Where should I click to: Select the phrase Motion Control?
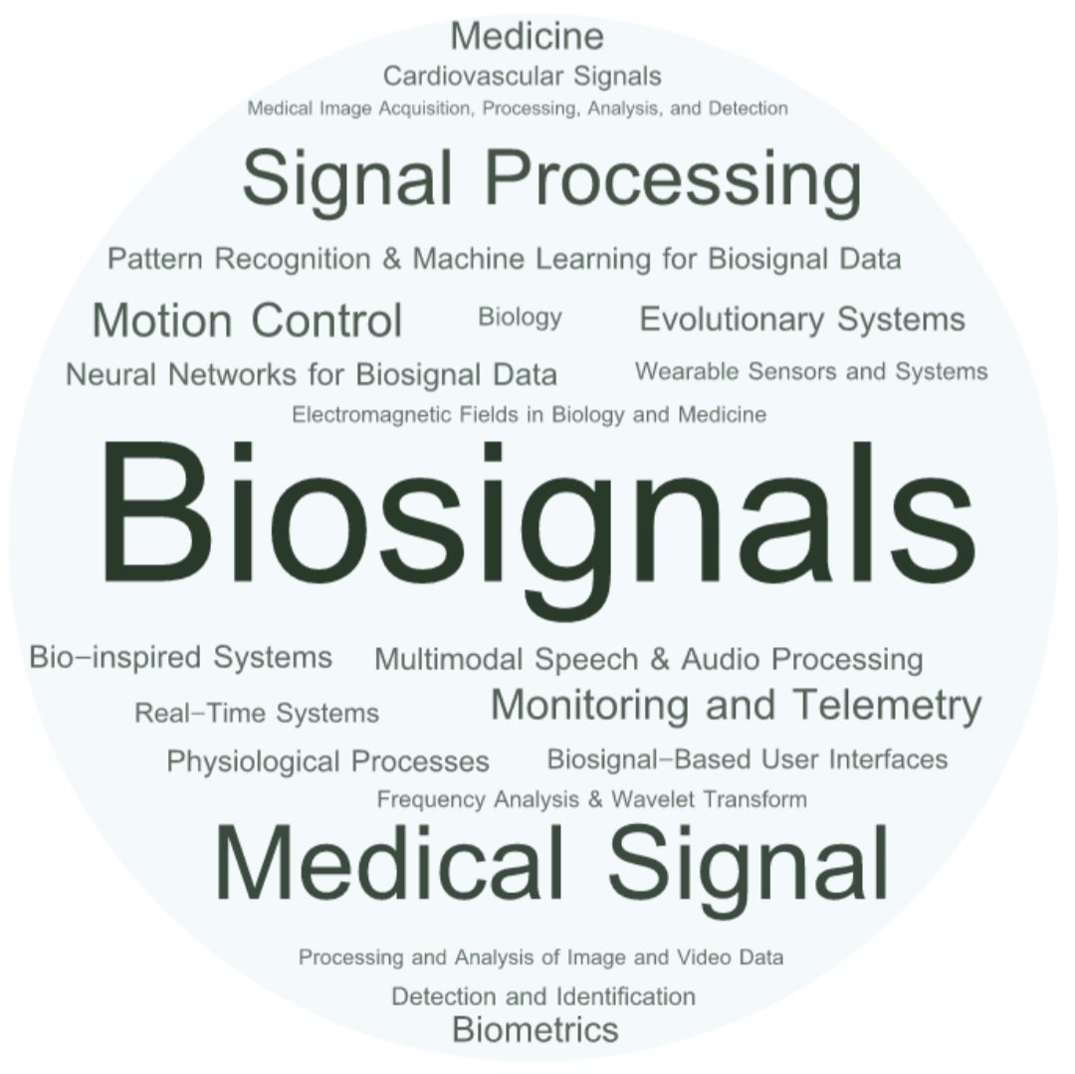(247, 321)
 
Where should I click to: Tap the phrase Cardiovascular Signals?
(522, 76)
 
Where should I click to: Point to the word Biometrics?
(535, 1028)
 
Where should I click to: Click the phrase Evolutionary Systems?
(801, 320)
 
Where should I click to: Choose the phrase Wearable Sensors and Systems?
(811, 371)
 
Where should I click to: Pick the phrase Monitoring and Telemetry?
(736, 705)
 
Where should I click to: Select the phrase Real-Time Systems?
(257, 713)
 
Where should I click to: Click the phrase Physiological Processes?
(327, 761)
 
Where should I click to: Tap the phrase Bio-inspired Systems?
(180, 657)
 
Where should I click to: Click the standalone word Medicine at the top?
(527, 37)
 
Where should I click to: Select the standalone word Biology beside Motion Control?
(520, 318)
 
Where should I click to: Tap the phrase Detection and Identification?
(542, 996)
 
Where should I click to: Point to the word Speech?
(589, 659)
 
